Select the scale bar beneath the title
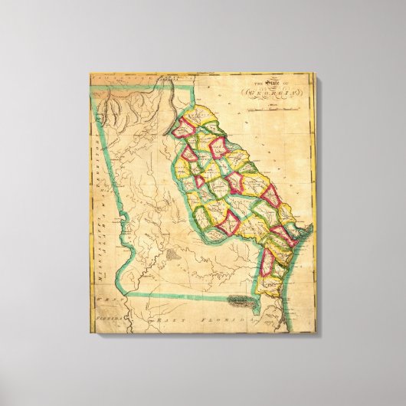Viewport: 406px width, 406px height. [x=272, y=110]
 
